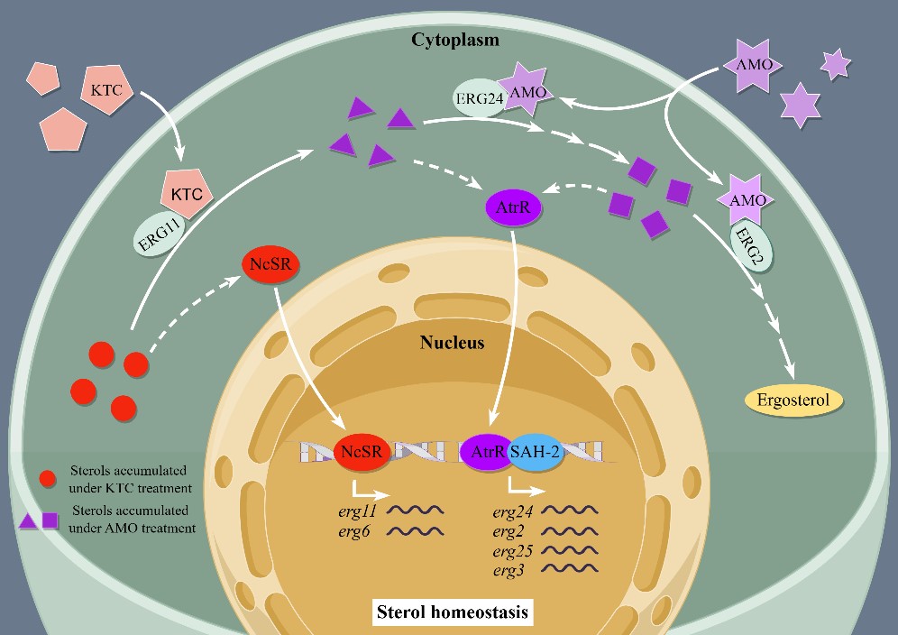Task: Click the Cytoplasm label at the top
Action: pos(455,40)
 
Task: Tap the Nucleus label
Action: pos(452,343)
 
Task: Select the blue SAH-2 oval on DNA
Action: pos(536,452)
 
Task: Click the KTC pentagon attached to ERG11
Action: pos(186,193)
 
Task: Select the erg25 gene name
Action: pos(511,549)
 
